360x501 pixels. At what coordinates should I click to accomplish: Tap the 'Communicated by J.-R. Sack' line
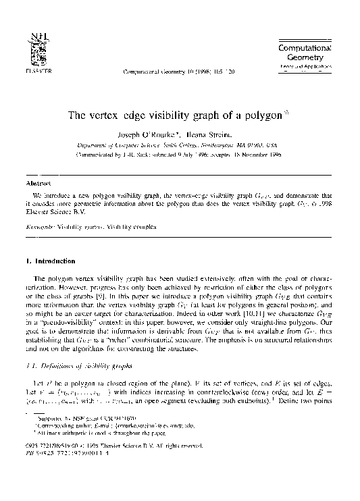(179, 154)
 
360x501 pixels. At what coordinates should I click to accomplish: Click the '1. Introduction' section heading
(51, 261)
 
